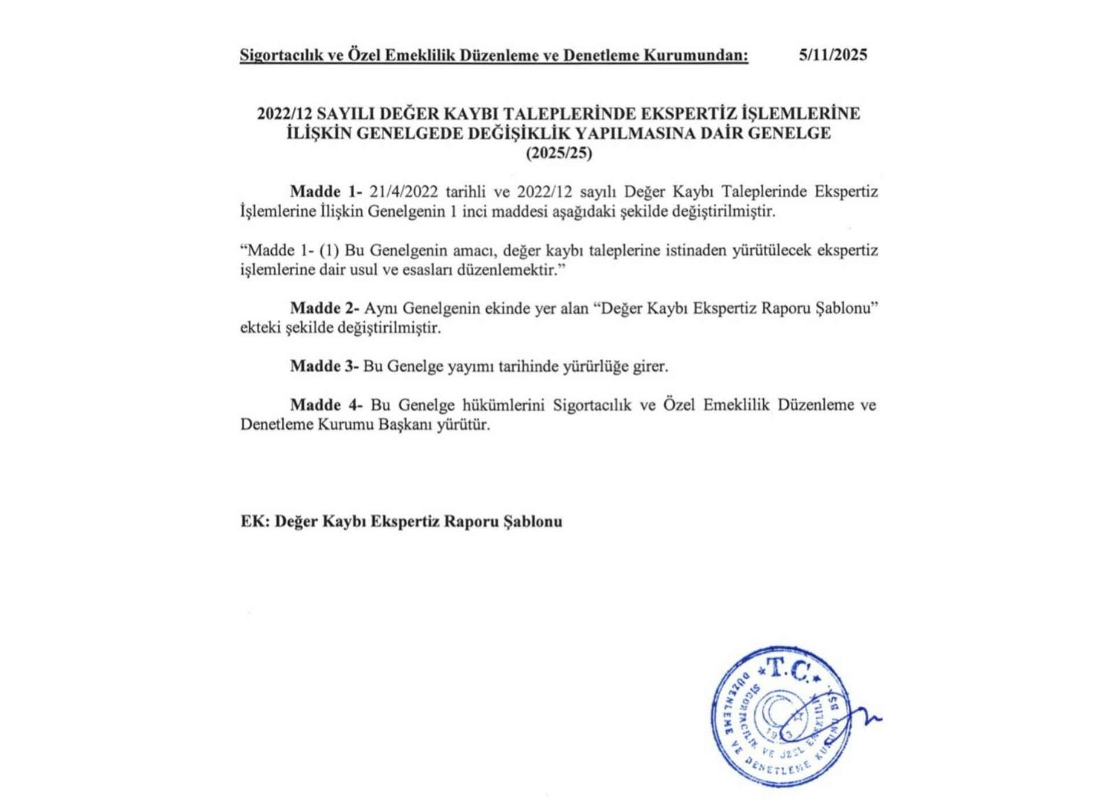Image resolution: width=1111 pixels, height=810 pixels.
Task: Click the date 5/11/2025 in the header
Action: click(x=833, y=55)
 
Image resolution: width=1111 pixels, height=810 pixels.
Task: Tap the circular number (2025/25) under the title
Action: click(x=558, y=154)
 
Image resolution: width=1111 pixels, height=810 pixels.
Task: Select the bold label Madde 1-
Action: click(x=326, y=192)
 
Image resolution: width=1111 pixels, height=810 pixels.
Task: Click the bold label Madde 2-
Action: click(x=325, y=308)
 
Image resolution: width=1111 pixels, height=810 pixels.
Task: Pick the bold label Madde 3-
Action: click(x=325, y=366)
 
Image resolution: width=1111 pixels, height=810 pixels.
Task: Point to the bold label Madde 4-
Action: click(x=326, y=405)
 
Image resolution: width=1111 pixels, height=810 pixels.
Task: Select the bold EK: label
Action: click(x=255, y=522)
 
